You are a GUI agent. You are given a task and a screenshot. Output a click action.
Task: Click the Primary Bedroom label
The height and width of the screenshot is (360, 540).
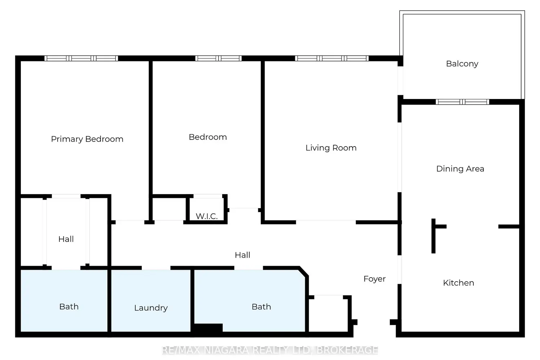point(87,139)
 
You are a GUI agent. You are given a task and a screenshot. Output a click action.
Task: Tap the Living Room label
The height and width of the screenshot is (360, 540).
point(331,148)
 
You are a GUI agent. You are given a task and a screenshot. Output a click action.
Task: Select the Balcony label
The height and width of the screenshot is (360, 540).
point(462,64)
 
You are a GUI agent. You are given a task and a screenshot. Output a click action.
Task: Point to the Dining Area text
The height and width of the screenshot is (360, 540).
point(460,169)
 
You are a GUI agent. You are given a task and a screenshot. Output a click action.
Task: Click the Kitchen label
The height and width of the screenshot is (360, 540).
point(459,283)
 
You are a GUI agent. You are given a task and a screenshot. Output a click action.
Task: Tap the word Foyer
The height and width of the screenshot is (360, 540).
point(375,279)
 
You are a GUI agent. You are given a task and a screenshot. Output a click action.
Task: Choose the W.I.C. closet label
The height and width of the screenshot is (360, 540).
point(207,216)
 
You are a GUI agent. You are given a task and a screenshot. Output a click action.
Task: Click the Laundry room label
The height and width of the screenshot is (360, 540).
point(151,308)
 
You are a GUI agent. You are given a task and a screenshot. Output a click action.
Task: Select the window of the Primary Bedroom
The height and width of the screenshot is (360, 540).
point(81,58)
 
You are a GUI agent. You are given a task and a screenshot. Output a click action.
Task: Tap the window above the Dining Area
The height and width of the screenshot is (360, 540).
point(462,102)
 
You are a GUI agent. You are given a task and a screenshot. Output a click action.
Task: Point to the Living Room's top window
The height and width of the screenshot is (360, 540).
point(332,58)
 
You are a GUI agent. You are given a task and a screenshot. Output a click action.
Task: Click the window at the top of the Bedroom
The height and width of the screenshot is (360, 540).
point(219,58)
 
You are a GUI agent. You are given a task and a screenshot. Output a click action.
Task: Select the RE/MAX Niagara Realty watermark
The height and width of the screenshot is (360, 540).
point(270,350)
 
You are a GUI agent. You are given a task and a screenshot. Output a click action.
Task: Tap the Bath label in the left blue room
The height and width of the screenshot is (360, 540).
point(69,307)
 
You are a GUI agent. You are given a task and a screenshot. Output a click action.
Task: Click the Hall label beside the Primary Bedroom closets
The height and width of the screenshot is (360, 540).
point(66,239)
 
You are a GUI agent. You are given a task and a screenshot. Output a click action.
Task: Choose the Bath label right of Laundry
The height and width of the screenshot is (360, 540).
point(261,307)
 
